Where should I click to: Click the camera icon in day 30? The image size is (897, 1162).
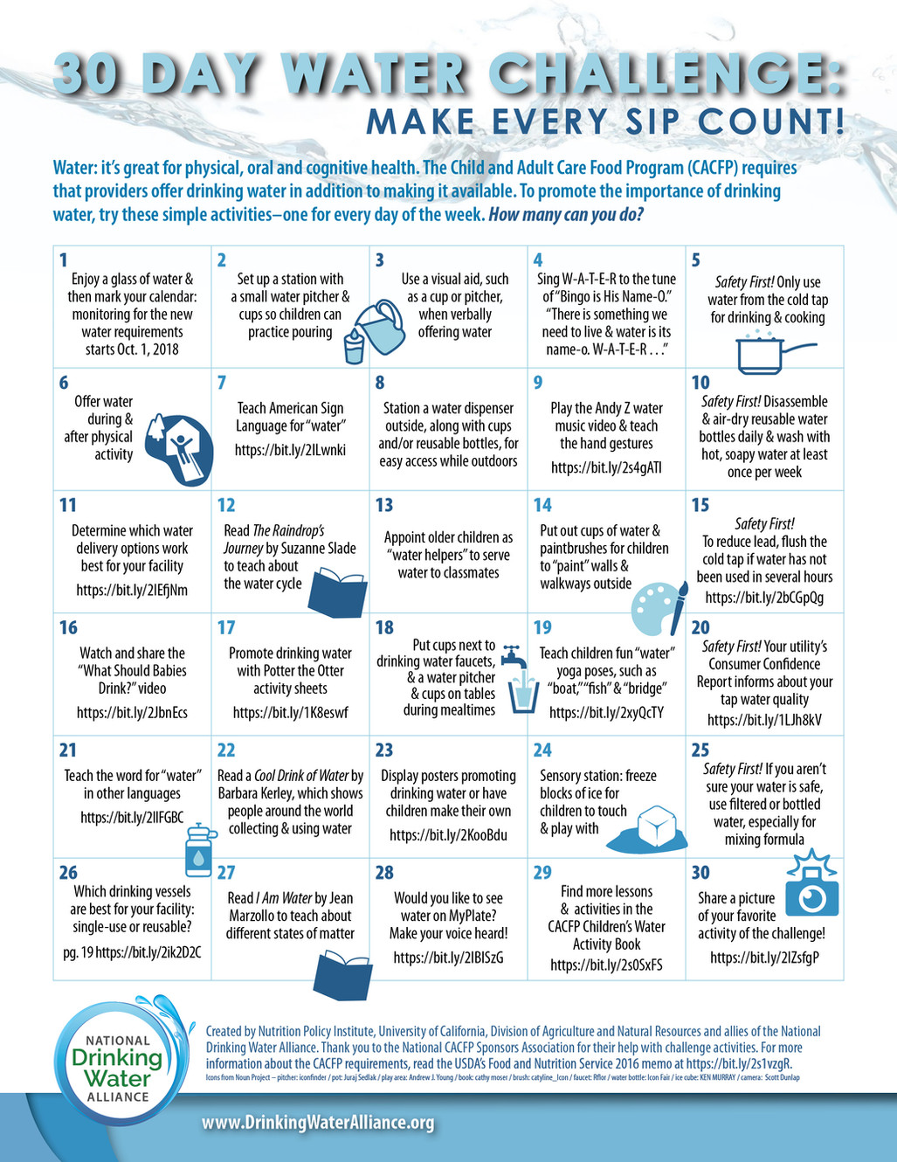(811, 892)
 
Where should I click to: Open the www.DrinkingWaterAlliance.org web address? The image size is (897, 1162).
(318, 1123)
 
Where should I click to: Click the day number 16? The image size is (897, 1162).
(68, 627)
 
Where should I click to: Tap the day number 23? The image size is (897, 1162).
(384, 750)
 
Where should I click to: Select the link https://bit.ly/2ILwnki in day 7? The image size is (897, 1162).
(290, 450)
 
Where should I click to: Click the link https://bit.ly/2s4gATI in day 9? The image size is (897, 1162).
(606, 467)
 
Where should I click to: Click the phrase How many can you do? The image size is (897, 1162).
(566, 213)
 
